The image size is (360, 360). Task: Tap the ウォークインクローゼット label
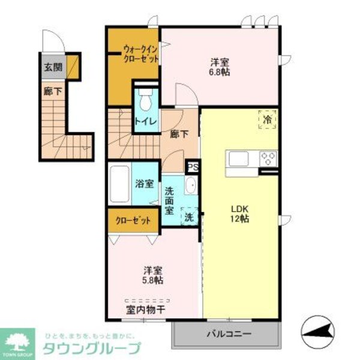pyautogui.click(x=141, y=54)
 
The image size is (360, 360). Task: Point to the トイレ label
pyautogui.click(x=146, y=122)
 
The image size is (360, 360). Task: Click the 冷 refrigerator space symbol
pyautogui.click(x=268, y=119)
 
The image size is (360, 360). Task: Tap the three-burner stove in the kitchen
pyautogui.click(x=268, y=159)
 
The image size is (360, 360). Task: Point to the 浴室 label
pyautogui.click(x=144, y=184)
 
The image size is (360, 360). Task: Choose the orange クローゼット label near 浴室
pyautogui.click(x=133, y=220)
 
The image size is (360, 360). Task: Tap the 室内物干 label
pyautogui.click(x=146, y=310)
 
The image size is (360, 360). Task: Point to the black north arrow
pyautogui.click(x=323, y=329)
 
